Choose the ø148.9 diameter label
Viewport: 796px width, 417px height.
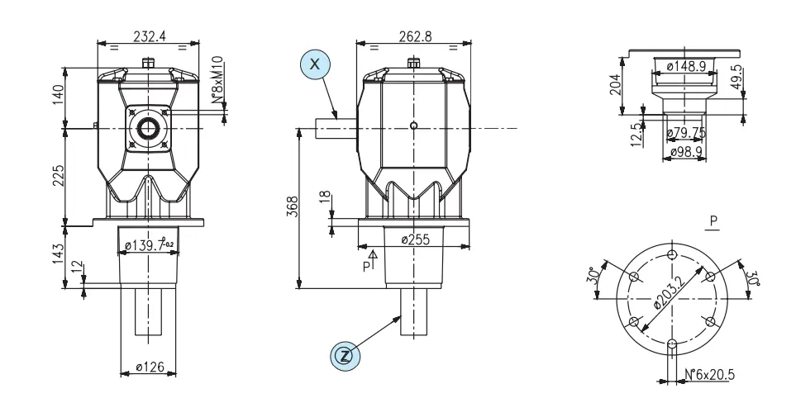(x=684, y=66)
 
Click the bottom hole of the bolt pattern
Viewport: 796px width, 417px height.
(x=672, y=343)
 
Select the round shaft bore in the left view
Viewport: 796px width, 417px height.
(x=149, y=128)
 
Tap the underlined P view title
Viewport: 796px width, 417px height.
(x=713, y=221)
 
